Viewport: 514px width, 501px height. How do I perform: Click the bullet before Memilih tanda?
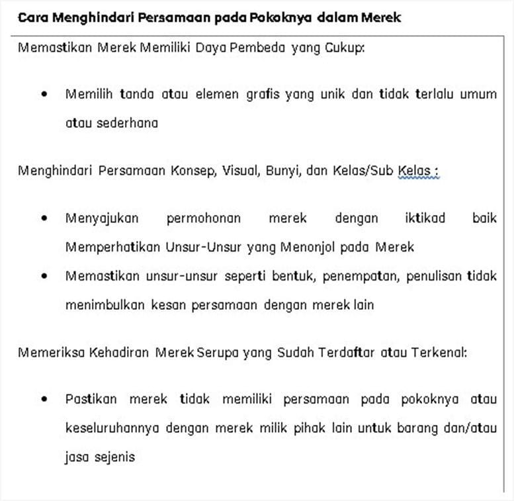tap(44, 94)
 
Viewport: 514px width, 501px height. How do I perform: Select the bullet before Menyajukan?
tap(44, 218)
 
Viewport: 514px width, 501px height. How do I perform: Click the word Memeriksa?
tap(50, 353)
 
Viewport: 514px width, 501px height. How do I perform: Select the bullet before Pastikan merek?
tap(44, 399)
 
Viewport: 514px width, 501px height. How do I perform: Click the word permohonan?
tap(204, 218)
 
